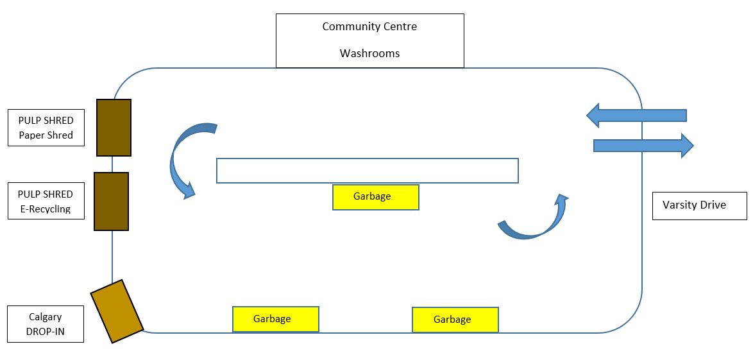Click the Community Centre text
(369, 27)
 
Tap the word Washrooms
(369, 53)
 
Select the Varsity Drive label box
(699, 205)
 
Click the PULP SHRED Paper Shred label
(46, 128)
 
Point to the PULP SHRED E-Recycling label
(46, 201)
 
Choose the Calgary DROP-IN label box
(46, 324)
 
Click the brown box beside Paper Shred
(114, 128)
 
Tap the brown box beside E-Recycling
(111, 201)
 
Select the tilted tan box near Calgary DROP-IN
(117, 311)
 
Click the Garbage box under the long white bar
(375, 197)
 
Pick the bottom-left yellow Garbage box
(275, 319)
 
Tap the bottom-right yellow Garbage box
(455, 320)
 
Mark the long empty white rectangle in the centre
(367, 171)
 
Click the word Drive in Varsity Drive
(713, 205)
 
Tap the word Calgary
(45, 317)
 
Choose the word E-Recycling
(45, 209)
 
